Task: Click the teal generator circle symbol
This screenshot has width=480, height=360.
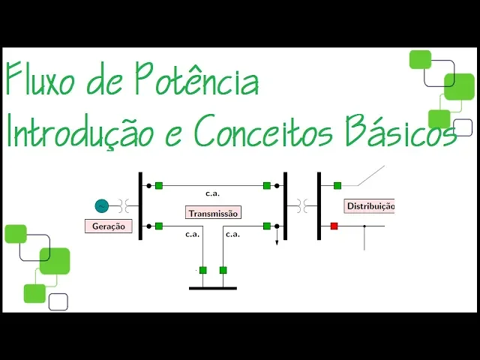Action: tap(102, 205)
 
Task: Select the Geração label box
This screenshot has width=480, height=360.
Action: tap(109, 226)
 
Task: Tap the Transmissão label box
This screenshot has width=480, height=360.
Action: tap(214, 213)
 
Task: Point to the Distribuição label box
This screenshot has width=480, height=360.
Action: tap(369, 205)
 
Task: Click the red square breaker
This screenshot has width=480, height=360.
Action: tap(334, 226)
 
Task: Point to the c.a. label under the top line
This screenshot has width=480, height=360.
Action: tap(213, 193)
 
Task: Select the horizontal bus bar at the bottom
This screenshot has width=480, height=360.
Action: tap(212, 287)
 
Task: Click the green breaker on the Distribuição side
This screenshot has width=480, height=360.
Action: tap(337, 185)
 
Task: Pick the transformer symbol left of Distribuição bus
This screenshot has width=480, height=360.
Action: tap(302, 205)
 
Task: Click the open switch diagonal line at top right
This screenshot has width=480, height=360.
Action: tap(370, 175)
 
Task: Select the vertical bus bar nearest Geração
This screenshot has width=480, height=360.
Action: tap(140, 206)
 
